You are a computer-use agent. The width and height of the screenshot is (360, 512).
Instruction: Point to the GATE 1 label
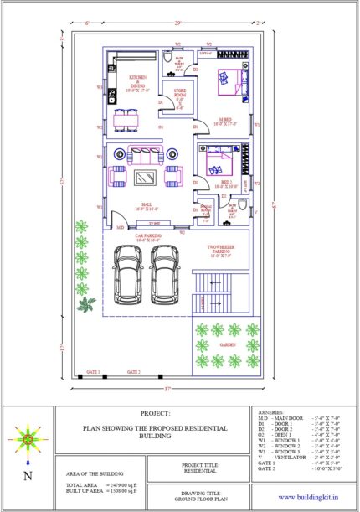point(92,370)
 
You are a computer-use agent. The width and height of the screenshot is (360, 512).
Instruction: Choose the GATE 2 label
point(133,370)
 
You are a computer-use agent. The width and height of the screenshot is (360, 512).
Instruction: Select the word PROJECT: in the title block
point(155,413)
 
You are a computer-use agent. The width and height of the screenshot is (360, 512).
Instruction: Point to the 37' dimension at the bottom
point(167,388)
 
